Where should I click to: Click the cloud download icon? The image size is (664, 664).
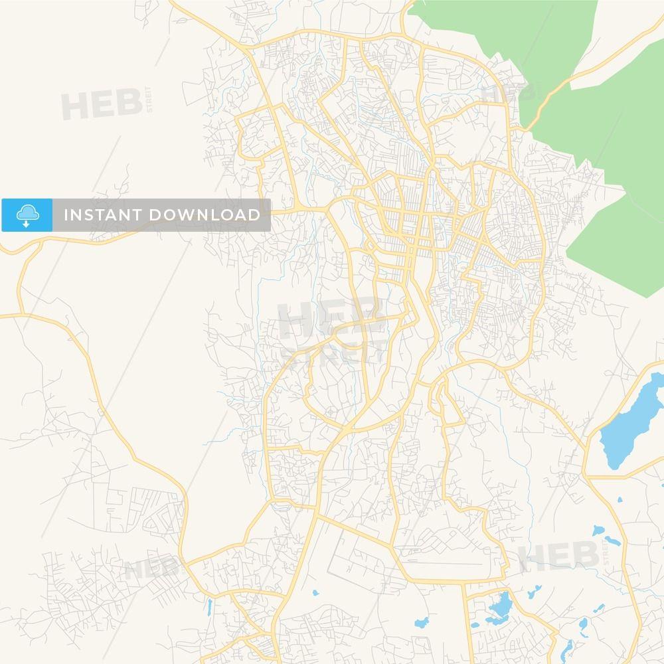click(27, 213)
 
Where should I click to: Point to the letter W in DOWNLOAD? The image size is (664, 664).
click(187, 215)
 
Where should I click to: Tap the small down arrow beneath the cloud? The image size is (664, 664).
click(27, 224)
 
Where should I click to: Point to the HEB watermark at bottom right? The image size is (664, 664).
click(558, 556)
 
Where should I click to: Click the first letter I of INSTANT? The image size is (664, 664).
click(66, 215)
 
